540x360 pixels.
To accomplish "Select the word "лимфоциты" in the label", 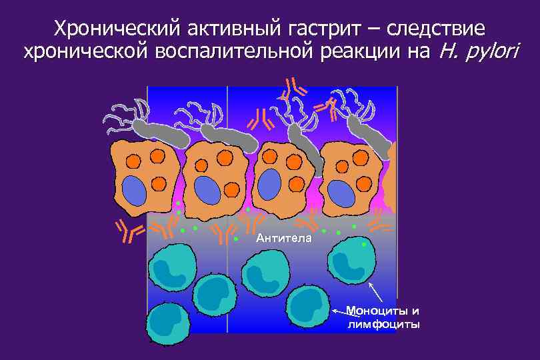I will (x=383, y=325).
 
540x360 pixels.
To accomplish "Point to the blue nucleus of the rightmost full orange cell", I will (x=342, y=193).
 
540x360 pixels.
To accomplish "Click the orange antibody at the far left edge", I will (x=130, y=230).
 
